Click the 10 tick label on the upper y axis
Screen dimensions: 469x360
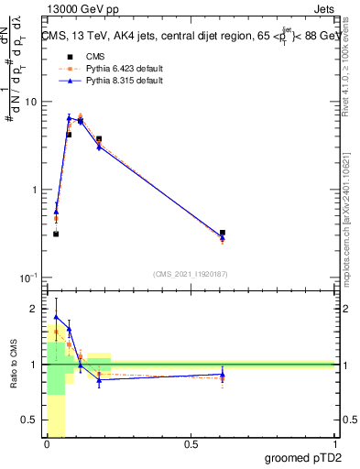(x=33, y=102)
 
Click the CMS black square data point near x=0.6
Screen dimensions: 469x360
(x=223, y=233)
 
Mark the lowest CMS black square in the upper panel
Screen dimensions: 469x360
(x=56, y=234)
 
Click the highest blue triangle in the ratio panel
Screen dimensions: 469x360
(x=56, y=317)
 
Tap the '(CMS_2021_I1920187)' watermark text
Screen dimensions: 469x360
(x=190, y=274)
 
